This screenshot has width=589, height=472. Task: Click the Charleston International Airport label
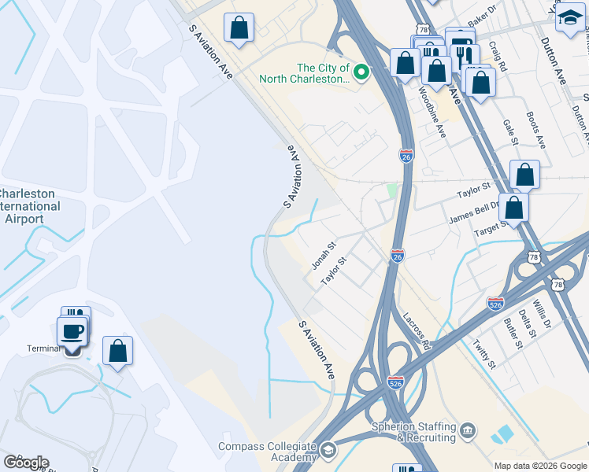[30, 206]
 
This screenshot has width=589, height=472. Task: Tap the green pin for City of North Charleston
[361, 73]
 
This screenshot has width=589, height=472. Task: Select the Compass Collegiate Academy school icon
[327, 450]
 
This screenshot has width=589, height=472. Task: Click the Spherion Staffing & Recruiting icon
[469, 430]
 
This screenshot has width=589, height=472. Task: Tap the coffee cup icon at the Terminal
[72, 330]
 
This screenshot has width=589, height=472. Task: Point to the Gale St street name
[510, 131]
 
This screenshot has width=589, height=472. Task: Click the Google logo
[26, 463]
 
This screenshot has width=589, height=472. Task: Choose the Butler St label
[512, 334]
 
